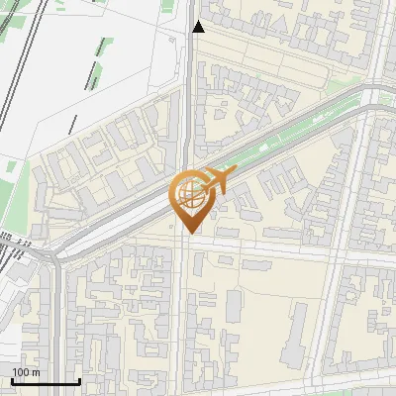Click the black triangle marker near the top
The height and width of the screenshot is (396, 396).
point(198,27)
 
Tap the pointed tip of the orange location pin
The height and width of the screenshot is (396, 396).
point(188,233)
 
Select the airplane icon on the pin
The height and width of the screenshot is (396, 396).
point(218,180)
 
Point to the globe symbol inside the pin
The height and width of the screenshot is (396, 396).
point(187,192)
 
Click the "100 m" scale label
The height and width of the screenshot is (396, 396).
point(26,372)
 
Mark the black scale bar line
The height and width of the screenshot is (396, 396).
point(45,382)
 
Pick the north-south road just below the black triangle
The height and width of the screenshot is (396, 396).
point(190,69)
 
